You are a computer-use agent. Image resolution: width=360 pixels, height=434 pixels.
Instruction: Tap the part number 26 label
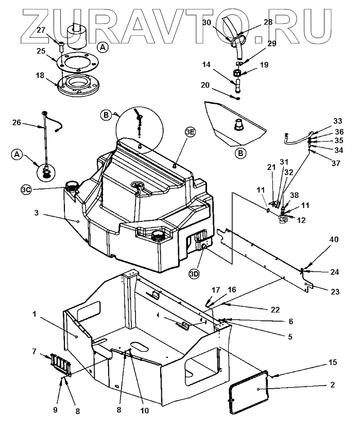(x=17, y=123)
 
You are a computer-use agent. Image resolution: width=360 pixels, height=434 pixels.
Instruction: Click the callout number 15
(x=333, y=362)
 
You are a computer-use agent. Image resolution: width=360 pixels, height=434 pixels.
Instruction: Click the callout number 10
(x=144, y=411)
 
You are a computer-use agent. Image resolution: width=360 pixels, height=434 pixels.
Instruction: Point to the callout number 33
(x=337, y=121)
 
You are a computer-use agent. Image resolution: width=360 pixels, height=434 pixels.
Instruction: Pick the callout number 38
(x=294, y=195)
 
